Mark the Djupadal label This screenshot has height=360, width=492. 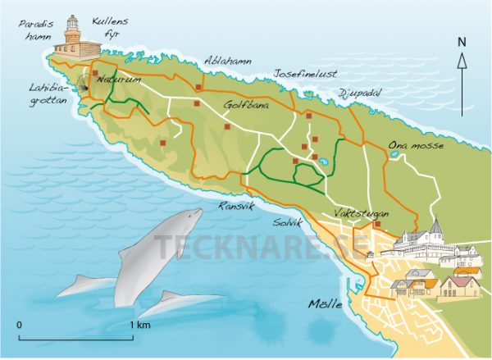[x=359, y=93]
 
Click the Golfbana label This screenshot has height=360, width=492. [x=245, y=105]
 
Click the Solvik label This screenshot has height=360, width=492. [x=289, y=222]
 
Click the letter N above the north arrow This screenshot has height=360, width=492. [x=462, y=41]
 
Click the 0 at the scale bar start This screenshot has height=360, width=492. [x=19, y=326]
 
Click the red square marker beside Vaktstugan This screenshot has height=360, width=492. [x=376, y=224]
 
